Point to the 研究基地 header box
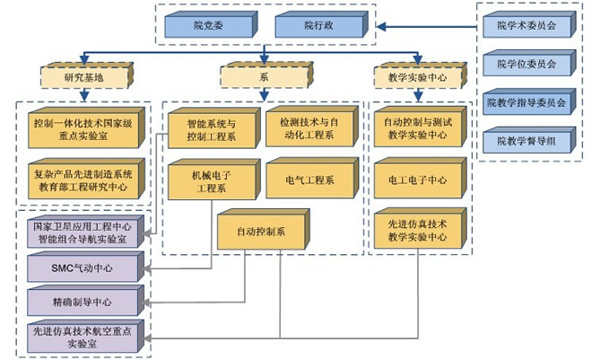(83, 76)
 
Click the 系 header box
(262, 76)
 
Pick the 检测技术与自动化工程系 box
(309, 127)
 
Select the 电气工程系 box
(309, 180)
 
